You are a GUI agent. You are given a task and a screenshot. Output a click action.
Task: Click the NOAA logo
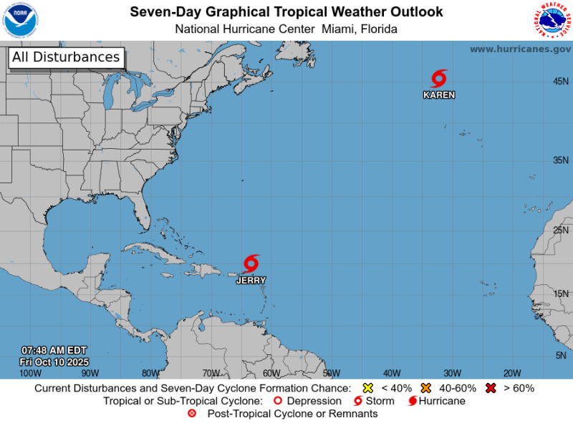pyautogui.click(x=21, y=19)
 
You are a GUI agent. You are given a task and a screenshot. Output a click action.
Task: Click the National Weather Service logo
pyautogui.click(x=552, y=19)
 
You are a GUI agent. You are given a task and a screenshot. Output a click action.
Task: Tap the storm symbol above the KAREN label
pyautogui.click(x=438, y=79)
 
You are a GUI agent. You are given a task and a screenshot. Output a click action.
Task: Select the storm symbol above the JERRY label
pyautogui.click(x=251, y=263)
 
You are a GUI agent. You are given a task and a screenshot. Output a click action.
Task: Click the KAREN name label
pyautogui.click(x=438, y=94)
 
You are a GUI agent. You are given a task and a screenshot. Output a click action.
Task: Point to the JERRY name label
pyautogui.click(x=251, y=281)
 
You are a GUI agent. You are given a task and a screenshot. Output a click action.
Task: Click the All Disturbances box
pyautogui.click(x=66, y=57)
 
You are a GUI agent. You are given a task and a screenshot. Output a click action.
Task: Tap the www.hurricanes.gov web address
pyautogui.click(x=520, y=49)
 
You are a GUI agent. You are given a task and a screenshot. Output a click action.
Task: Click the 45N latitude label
pyautogui.click(x=561, y=82)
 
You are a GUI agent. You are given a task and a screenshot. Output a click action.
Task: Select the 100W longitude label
pyautogui.click(x=30, y=373)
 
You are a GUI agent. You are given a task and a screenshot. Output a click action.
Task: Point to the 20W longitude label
pyautogui.click(x=511, y=373)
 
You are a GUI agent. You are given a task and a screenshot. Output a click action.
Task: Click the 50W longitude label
pyautogui.click(x=331, y=373)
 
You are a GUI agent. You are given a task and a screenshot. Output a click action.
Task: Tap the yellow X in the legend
pyautogui.click(x=368, y=388)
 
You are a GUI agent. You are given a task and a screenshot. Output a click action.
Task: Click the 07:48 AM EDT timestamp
pyautogui.click(x=54, y=350)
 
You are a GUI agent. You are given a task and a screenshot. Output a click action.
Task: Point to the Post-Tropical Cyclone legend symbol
pyautogui.click(x=191, y=414)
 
